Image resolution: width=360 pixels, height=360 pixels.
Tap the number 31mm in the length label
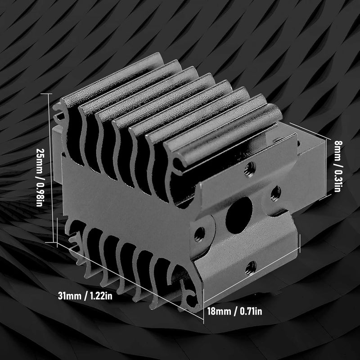point(69,297)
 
